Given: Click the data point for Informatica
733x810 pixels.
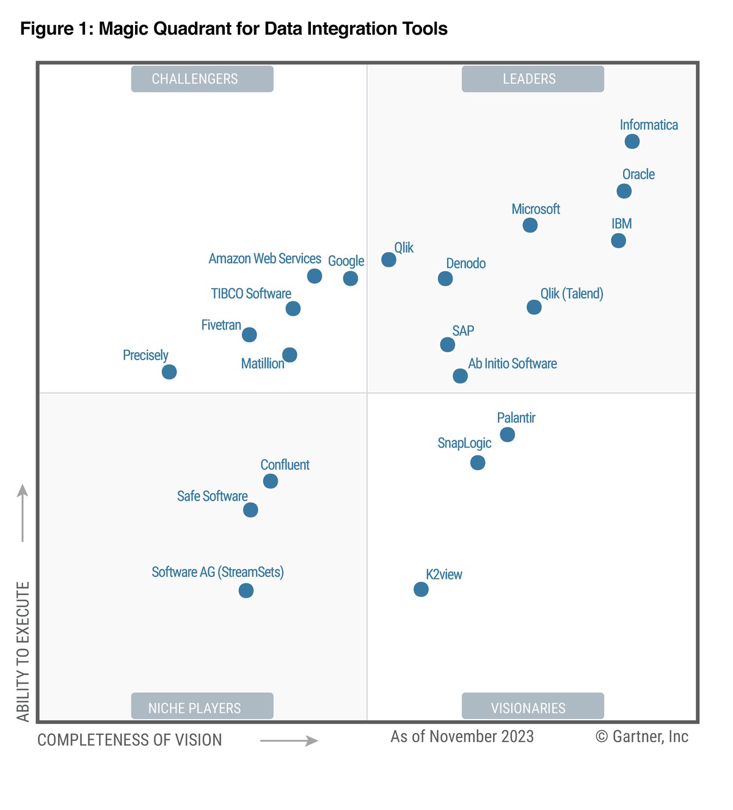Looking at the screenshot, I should (632, 142).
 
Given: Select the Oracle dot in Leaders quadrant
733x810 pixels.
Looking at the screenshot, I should (624, 191).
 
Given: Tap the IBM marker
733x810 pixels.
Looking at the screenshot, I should (618, 240).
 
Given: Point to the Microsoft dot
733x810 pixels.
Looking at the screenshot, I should (530, 225).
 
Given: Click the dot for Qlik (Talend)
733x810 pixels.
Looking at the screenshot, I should (534, 307).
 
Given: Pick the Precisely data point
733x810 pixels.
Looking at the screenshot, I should (169, 372).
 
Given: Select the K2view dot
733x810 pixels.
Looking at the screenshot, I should (421, 589).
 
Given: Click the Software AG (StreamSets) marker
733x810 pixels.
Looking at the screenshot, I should (246, 590).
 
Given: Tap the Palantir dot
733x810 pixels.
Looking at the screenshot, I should (507, 435).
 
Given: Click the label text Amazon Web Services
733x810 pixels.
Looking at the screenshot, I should (264, 259).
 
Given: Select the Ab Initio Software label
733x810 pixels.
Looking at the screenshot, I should (512, 364).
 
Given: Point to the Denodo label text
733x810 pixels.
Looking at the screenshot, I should (465, 264).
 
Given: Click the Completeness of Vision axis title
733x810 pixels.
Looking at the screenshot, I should (129, 740).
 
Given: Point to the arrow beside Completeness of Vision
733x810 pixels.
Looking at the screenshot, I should (289, 741).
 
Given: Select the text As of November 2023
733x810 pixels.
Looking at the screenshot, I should (462, 737).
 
